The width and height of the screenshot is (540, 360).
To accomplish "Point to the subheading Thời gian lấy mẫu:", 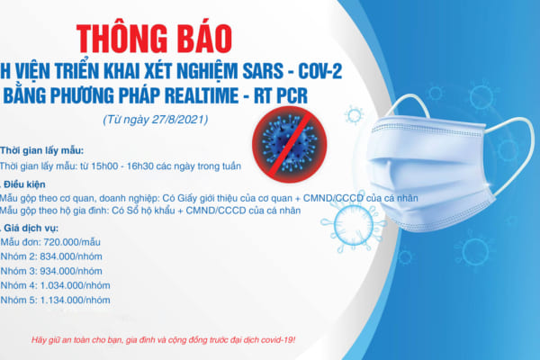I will click(x=37, y=149).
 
